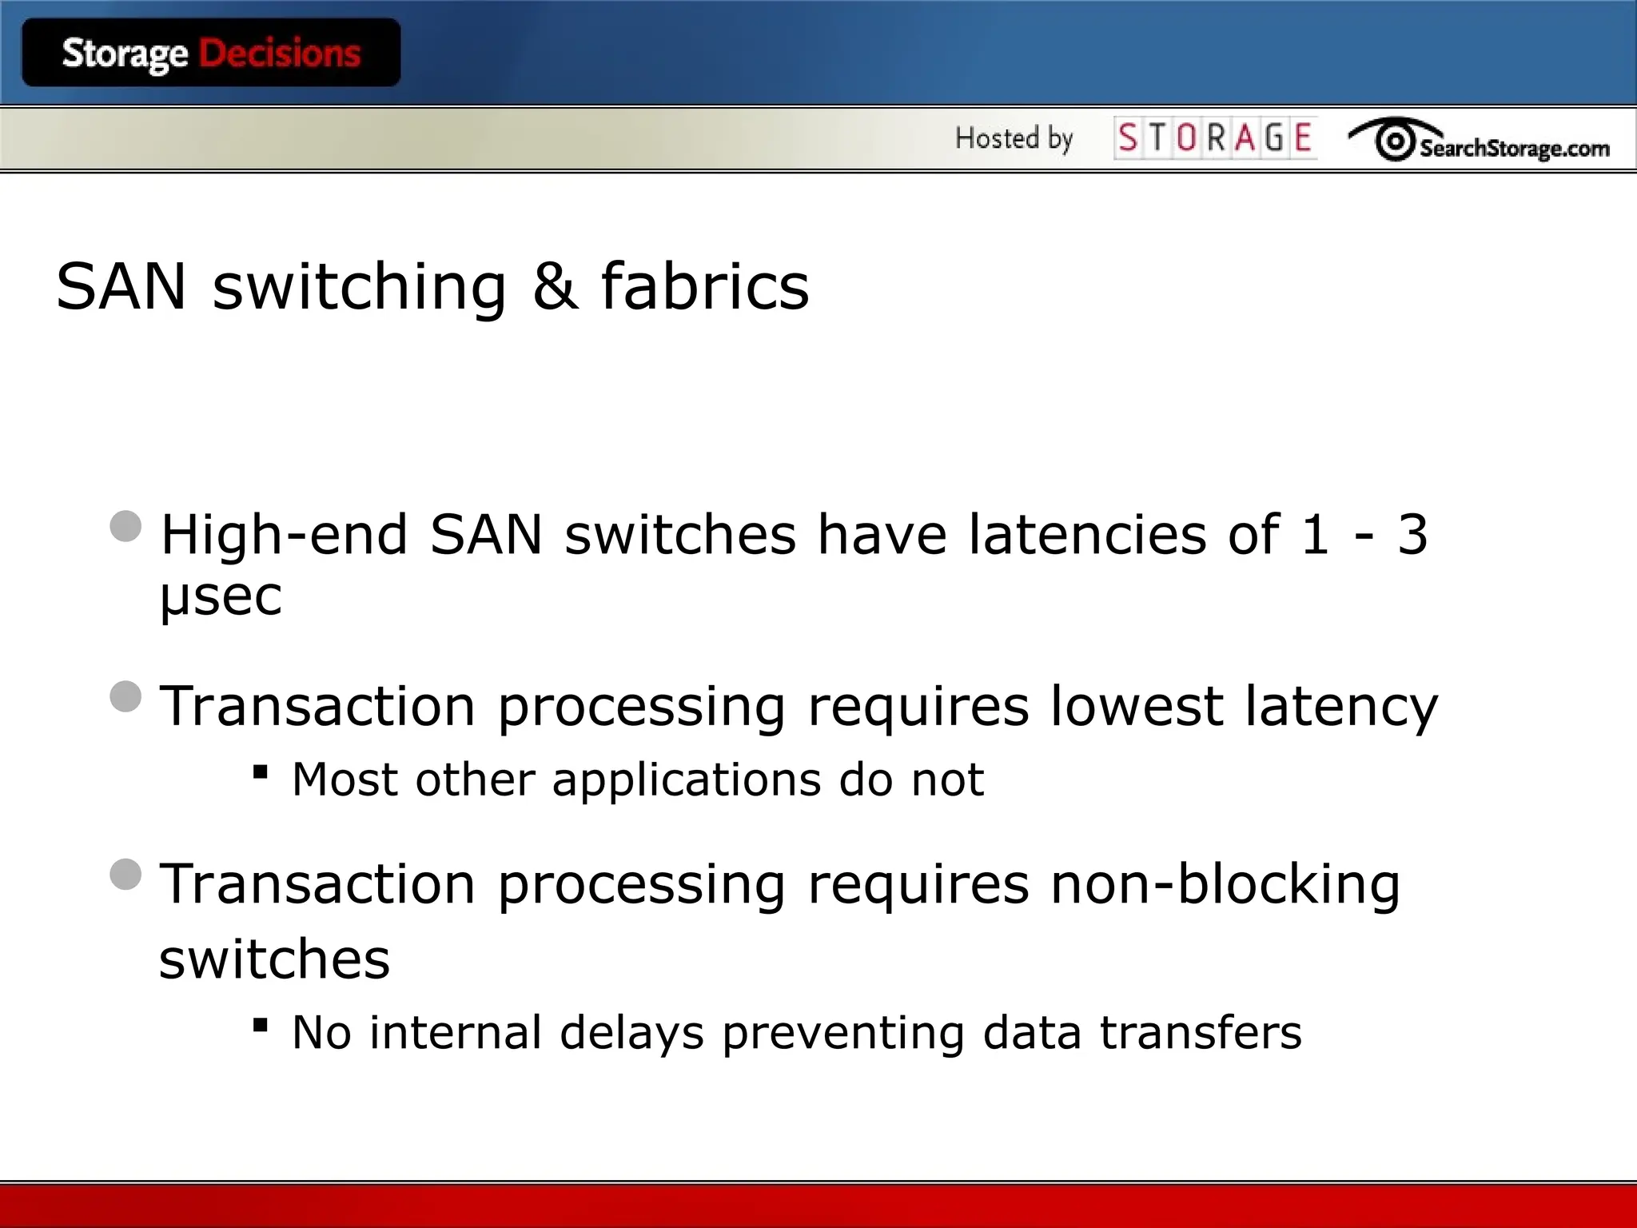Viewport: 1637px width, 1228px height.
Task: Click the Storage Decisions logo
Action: coord(211,53)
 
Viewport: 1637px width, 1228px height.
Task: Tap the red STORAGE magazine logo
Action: coord(1215,138)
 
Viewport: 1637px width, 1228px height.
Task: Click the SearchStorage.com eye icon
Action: coord(1395,142)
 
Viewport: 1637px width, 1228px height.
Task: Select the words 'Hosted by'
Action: coord(1014,138)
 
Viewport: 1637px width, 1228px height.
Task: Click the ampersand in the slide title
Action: coord(555,286)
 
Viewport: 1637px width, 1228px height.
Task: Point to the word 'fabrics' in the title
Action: coord(705,286)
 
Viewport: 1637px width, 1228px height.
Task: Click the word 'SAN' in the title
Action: coord(121,286)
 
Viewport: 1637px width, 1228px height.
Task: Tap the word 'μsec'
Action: coord(221,596)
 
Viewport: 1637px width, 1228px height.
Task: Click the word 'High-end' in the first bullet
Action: coord(285,534)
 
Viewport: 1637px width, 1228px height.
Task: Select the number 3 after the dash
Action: coord(1412,534)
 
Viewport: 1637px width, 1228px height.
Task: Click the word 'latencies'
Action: coord(1087,534)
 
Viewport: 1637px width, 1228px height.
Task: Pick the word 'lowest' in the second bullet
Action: coord(1136,707)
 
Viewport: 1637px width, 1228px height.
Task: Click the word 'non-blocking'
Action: coord(1225,885)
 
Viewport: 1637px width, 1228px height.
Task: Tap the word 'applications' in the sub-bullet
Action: coord(687,780)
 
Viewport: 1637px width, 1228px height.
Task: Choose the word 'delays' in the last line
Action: coord(631,1032)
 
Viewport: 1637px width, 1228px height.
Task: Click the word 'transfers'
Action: coord(1201,1032)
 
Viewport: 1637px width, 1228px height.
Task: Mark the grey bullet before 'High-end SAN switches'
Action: coord(126,526)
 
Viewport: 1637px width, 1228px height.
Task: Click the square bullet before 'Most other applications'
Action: coord(260,772)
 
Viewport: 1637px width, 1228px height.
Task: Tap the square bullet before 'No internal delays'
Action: coord(260,1025)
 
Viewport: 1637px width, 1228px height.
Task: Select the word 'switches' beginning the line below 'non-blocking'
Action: coord(274,959)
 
